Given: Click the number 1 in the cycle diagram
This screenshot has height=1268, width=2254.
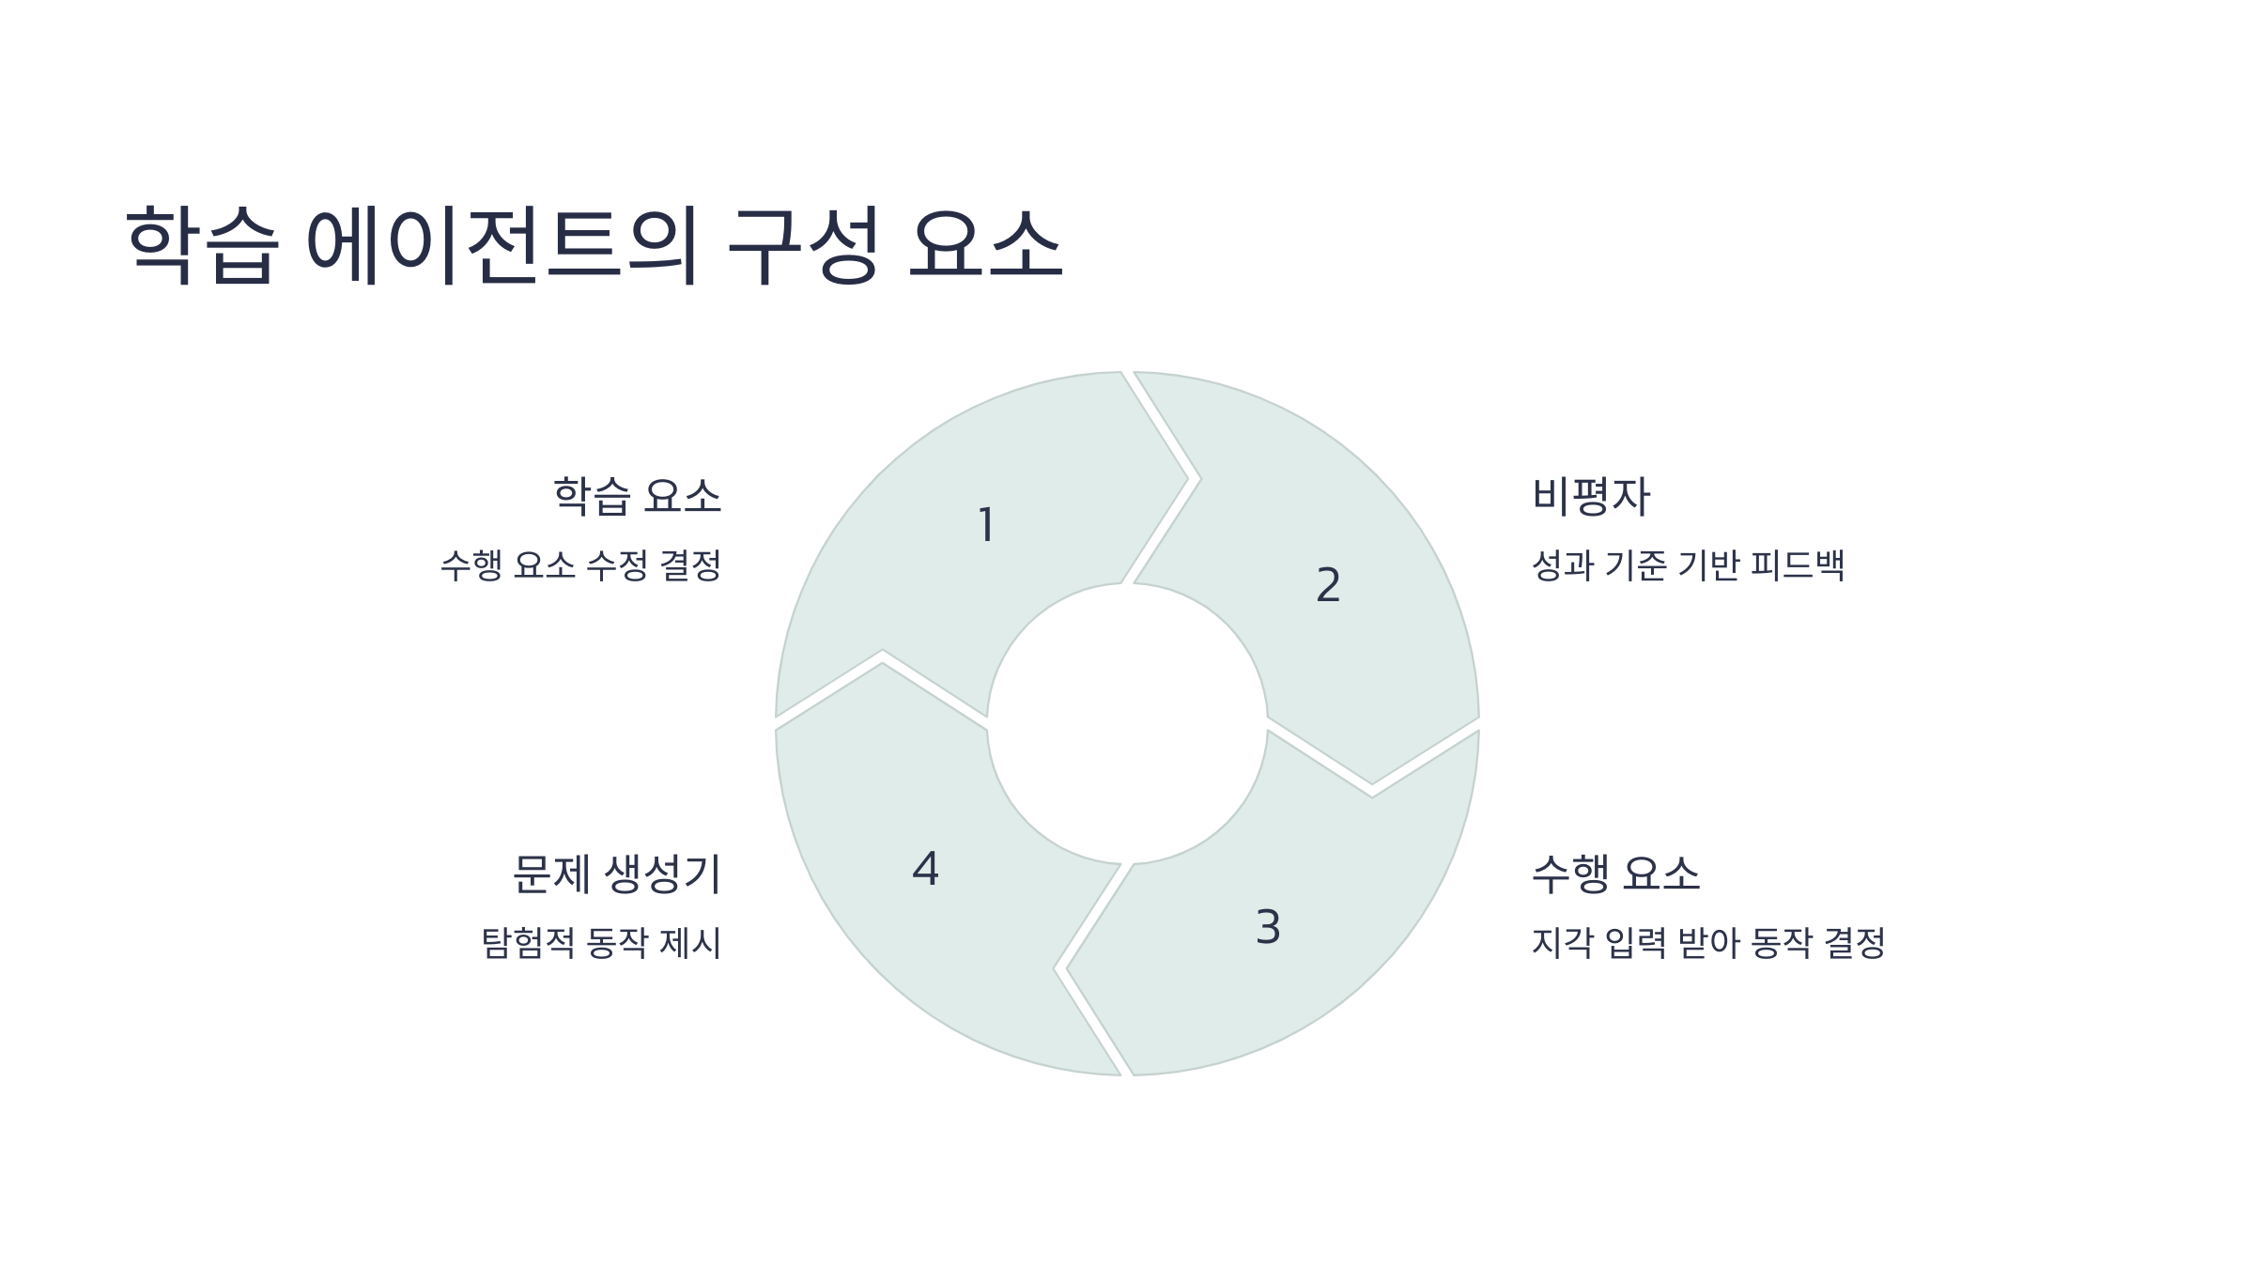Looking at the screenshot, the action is click(986, 525).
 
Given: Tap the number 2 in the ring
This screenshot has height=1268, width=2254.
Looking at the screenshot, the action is click(1328, 585).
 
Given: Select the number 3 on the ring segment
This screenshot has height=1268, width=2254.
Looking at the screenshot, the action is click(1268, 927).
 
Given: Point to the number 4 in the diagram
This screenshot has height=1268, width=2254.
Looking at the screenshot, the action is click(925, 869).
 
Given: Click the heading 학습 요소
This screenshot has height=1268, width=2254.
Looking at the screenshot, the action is click(637, 496).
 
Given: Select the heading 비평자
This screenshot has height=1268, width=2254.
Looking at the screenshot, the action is click(1590, 496).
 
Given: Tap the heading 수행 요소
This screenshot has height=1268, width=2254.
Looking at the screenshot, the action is click(1615, 874).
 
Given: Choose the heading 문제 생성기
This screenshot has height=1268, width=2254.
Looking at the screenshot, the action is click(616, 874).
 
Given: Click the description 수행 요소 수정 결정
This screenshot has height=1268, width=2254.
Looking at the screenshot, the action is click(580, 565).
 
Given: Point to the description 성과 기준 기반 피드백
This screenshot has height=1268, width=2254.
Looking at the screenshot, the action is click(1688, 565).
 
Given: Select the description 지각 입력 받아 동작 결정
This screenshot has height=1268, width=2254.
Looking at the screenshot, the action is click(1707, 943).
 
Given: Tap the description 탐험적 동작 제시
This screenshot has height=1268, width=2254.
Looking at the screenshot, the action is click(601, 943).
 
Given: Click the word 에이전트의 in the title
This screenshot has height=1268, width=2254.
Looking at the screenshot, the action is click(503, 244).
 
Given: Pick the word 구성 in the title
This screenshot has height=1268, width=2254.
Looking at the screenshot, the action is click(804, 244).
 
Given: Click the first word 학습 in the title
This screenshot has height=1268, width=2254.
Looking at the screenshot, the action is click(203, 244).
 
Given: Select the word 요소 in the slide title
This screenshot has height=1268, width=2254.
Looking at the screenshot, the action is click(985, 244).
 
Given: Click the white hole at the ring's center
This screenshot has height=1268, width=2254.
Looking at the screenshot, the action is click(1127, 723).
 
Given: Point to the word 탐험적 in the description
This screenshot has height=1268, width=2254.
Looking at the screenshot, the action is click(528, 943).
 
